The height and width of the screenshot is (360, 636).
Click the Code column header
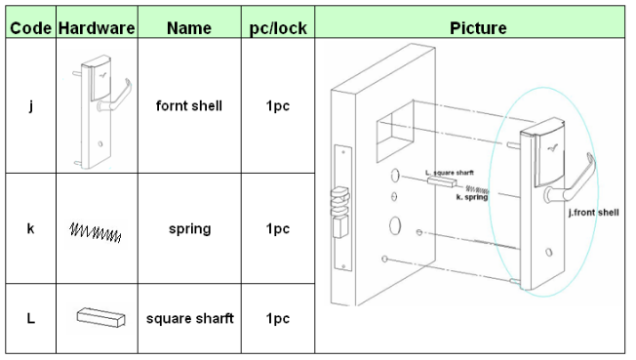coord(31,28)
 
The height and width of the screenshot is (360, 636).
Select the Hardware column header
coord(97,28)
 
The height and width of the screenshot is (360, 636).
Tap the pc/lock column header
coord(278,28)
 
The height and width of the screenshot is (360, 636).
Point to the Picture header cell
coord(478,28)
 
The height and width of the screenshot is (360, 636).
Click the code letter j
coord(31,106)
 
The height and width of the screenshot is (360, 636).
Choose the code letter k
coord(31,228)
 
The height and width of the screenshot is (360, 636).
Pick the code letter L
coord(31,318)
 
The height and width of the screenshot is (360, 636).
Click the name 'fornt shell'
coord(189,105)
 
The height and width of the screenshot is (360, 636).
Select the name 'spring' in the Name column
coord(190,229)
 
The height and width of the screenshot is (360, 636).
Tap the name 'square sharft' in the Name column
coord(190,318)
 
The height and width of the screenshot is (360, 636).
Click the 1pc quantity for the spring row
coord(278,229)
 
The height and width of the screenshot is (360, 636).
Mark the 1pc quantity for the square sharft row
coord(278,319)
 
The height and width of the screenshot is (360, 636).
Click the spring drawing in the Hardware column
coord(96,232)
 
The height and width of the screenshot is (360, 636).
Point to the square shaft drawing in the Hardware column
coord(101,317)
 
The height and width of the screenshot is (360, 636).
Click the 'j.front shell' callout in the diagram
coord(593,213)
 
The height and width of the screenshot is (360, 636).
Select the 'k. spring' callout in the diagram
coord(472,197)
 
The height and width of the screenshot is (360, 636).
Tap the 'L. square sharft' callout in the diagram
coord(450,173)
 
